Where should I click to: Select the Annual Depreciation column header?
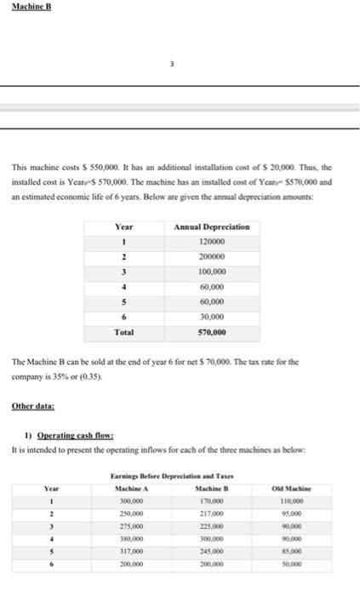[x=211, y=227]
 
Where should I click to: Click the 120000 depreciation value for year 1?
[x=211, y=242]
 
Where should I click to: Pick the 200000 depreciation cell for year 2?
[x=211, y=257]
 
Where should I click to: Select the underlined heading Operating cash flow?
[x=60, y=437]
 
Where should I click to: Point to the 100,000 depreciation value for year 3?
[x=211, y=272]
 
